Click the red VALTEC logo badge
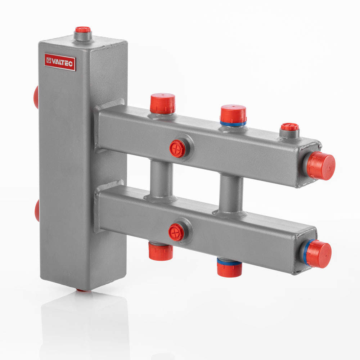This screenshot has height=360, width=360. [x=60, y=62]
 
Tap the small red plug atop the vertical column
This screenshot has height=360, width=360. [x=83, y=30]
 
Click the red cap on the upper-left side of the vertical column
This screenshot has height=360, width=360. [x=36, y=97]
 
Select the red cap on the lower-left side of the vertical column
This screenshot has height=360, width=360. [x=37, y=211]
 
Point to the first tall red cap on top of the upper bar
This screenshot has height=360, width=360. [x=163, y=103]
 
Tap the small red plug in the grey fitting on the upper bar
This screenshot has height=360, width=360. [x=290, y=127]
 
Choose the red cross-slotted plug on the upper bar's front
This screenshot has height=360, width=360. [x=177, y=149]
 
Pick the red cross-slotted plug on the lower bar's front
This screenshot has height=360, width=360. [x=176, y=232]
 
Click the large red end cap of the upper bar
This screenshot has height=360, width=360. [x=321, y=166]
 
